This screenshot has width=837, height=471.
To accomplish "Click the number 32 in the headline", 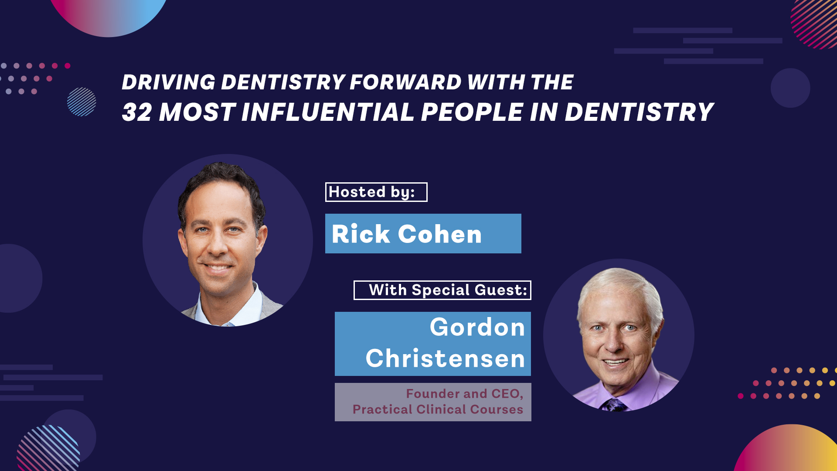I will [137, 112].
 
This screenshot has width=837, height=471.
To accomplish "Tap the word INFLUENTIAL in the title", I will [328, 112].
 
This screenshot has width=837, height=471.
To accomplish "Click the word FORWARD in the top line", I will [405, 82].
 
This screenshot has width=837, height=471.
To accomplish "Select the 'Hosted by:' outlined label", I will [376, 192].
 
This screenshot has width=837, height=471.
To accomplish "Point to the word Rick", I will [361, 234].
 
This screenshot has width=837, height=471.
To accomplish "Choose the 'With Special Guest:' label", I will [442, 290].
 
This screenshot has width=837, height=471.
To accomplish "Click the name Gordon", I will [477, 327].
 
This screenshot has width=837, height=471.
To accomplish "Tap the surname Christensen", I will [445, 358].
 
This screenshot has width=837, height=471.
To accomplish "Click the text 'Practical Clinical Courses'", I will [438, 409].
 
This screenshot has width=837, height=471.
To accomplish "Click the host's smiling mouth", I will [217, 267].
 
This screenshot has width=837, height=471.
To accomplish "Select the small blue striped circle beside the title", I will [82, 102].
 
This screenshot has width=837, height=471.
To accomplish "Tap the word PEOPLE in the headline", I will [472, 112].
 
